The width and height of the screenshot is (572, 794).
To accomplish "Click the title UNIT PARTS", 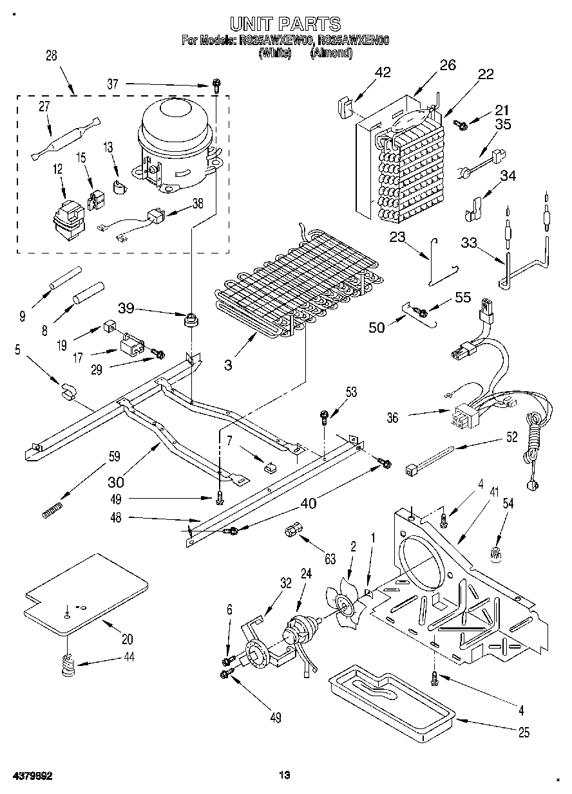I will (x=285, y=24).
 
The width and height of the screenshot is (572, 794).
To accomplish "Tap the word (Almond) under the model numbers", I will (x=331, y=54).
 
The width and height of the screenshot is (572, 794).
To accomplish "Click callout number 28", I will (x=51, y=56).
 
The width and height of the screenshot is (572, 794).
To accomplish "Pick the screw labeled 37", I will (x=217, y=84).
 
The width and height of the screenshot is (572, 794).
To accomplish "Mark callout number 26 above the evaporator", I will (x=447, y=64).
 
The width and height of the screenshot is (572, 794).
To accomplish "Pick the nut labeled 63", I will (x=291, y=531).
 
